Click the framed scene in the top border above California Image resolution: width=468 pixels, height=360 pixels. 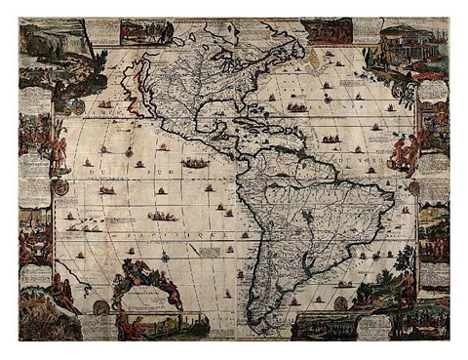pos(146,32)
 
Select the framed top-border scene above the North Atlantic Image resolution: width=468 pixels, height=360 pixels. pos(327,30)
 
